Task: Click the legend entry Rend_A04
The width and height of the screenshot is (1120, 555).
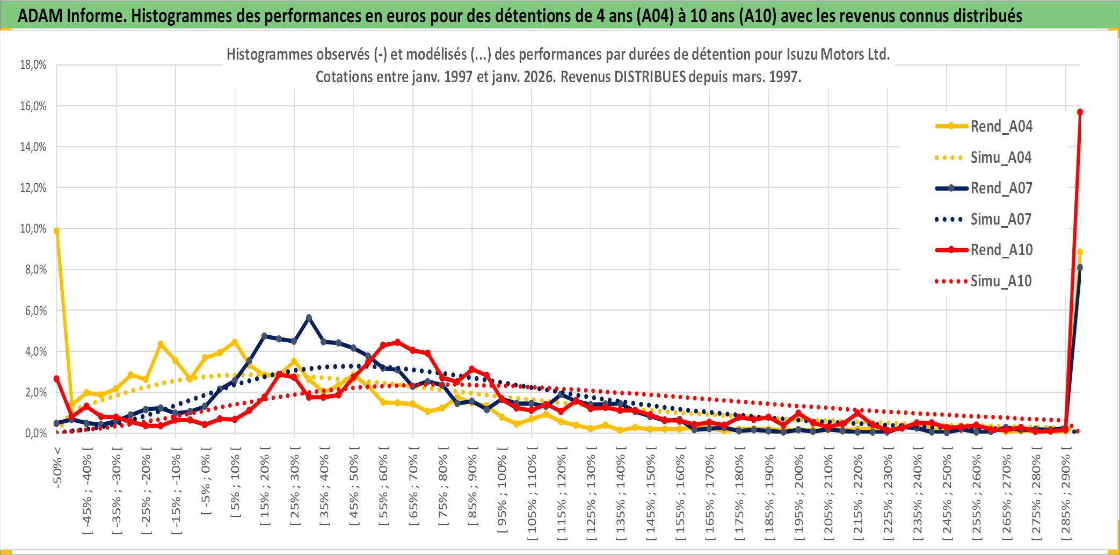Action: click(1001, 126)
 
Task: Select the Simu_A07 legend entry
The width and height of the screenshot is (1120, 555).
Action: click(1001, 219)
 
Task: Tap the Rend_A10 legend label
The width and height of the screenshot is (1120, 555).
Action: click(1001, 250)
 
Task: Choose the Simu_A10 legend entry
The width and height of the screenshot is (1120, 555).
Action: click(1001, 281)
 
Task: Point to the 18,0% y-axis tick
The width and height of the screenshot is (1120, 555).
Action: click(33, 65)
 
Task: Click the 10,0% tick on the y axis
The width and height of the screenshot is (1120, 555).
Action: click(33, 229)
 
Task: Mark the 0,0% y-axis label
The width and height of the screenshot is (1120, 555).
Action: click(36, 433)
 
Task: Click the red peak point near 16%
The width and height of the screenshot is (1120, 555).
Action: click(1080, 112)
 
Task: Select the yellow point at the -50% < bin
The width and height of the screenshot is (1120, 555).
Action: click(56, 231)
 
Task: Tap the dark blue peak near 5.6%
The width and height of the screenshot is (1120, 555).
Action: click(309, 318)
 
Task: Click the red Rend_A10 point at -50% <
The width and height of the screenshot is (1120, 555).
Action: click(56, 379)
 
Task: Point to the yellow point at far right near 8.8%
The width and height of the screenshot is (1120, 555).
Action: click(1080, 252)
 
